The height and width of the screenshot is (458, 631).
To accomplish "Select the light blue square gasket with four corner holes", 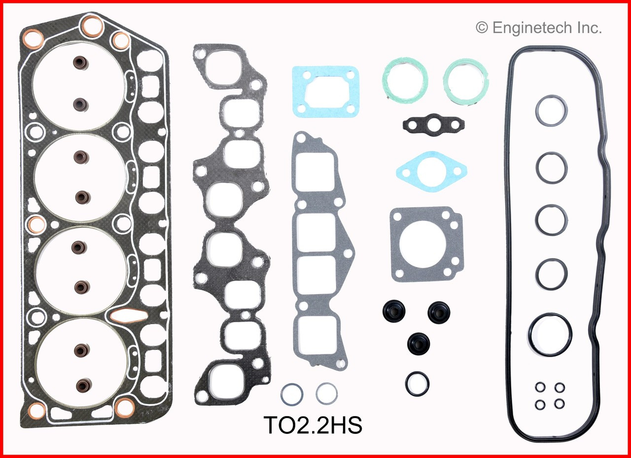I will click(x=325, y=92).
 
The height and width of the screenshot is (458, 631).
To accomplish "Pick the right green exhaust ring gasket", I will click(x=466, y=79).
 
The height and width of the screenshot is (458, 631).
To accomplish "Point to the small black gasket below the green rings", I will click(x=433, y=125).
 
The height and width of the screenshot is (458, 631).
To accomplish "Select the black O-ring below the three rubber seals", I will click(x=418, y=383).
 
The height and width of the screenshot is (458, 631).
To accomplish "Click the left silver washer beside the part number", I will click(x=292, y=394).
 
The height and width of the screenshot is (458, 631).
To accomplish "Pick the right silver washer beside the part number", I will click(x=327, y=394).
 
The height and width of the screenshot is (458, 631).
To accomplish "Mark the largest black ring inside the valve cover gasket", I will click(x=550, y=334).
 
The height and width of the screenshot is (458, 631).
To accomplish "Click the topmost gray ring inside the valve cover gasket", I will click(x=551, y=110).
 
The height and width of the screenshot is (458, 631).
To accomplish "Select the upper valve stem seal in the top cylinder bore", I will click(x=79, y=63).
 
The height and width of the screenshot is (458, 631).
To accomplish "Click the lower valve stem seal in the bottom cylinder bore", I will click(x=81, y=384).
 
